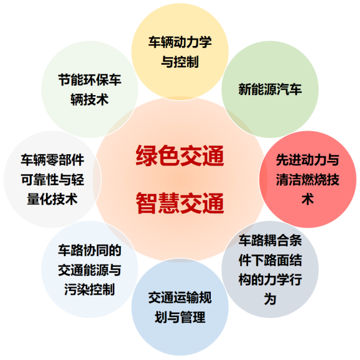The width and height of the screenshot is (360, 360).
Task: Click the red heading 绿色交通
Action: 180,155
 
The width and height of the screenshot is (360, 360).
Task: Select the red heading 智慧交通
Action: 180,203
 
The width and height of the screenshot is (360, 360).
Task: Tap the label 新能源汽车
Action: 270,89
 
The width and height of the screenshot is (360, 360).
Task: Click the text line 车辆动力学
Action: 180,42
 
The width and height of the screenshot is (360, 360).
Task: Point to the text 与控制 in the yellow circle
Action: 180,62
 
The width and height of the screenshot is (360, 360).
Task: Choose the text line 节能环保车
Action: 90,80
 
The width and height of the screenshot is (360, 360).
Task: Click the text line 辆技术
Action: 90,99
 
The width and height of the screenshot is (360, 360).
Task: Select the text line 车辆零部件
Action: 52,160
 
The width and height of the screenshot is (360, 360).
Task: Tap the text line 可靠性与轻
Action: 52,179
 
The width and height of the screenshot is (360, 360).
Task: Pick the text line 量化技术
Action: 52,199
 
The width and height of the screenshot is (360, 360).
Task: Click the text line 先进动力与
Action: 308,160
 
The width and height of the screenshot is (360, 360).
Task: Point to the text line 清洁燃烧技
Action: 308,179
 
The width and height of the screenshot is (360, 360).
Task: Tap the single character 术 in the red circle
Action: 308,199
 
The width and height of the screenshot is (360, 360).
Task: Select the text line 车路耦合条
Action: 270,241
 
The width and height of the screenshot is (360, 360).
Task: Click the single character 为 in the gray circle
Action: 270,299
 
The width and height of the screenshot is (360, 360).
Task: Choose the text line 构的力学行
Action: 270,279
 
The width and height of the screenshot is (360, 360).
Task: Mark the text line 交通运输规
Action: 180,298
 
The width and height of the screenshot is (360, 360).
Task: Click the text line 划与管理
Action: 180,317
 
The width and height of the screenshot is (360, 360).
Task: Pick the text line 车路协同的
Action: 90,250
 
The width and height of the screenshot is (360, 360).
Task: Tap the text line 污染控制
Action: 90,289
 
